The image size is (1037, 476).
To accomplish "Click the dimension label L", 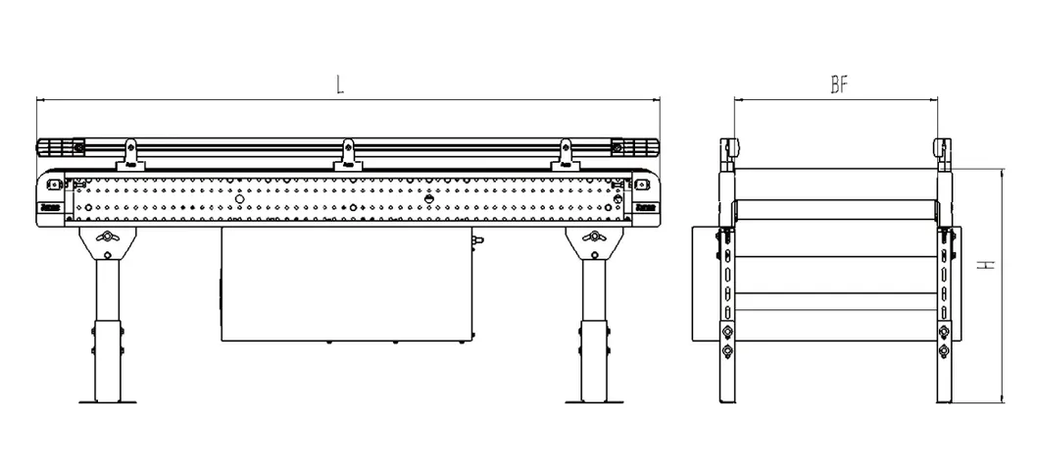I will pyautogui.click(x=340, y=84).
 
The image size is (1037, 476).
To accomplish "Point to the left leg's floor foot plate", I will pyautogui.click(x=107, y=401).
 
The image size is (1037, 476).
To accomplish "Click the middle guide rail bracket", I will pyautogui.click(x=347, y=155).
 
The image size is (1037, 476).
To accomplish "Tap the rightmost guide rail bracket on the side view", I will pyautogui.click(x=565, y=155).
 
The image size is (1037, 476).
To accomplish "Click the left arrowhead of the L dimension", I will pyautogui.click(x=40, y=99).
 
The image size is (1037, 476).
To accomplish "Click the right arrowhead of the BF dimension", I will pyautogui.click(x=938, y=99).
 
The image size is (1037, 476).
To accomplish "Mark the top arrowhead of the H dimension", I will pyautogui.click(x=1003, y=172).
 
